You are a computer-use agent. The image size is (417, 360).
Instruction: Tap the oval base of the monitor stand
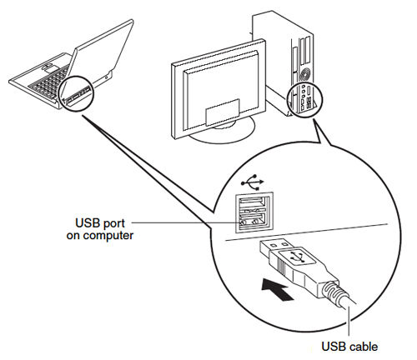(x=219, y=136)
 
